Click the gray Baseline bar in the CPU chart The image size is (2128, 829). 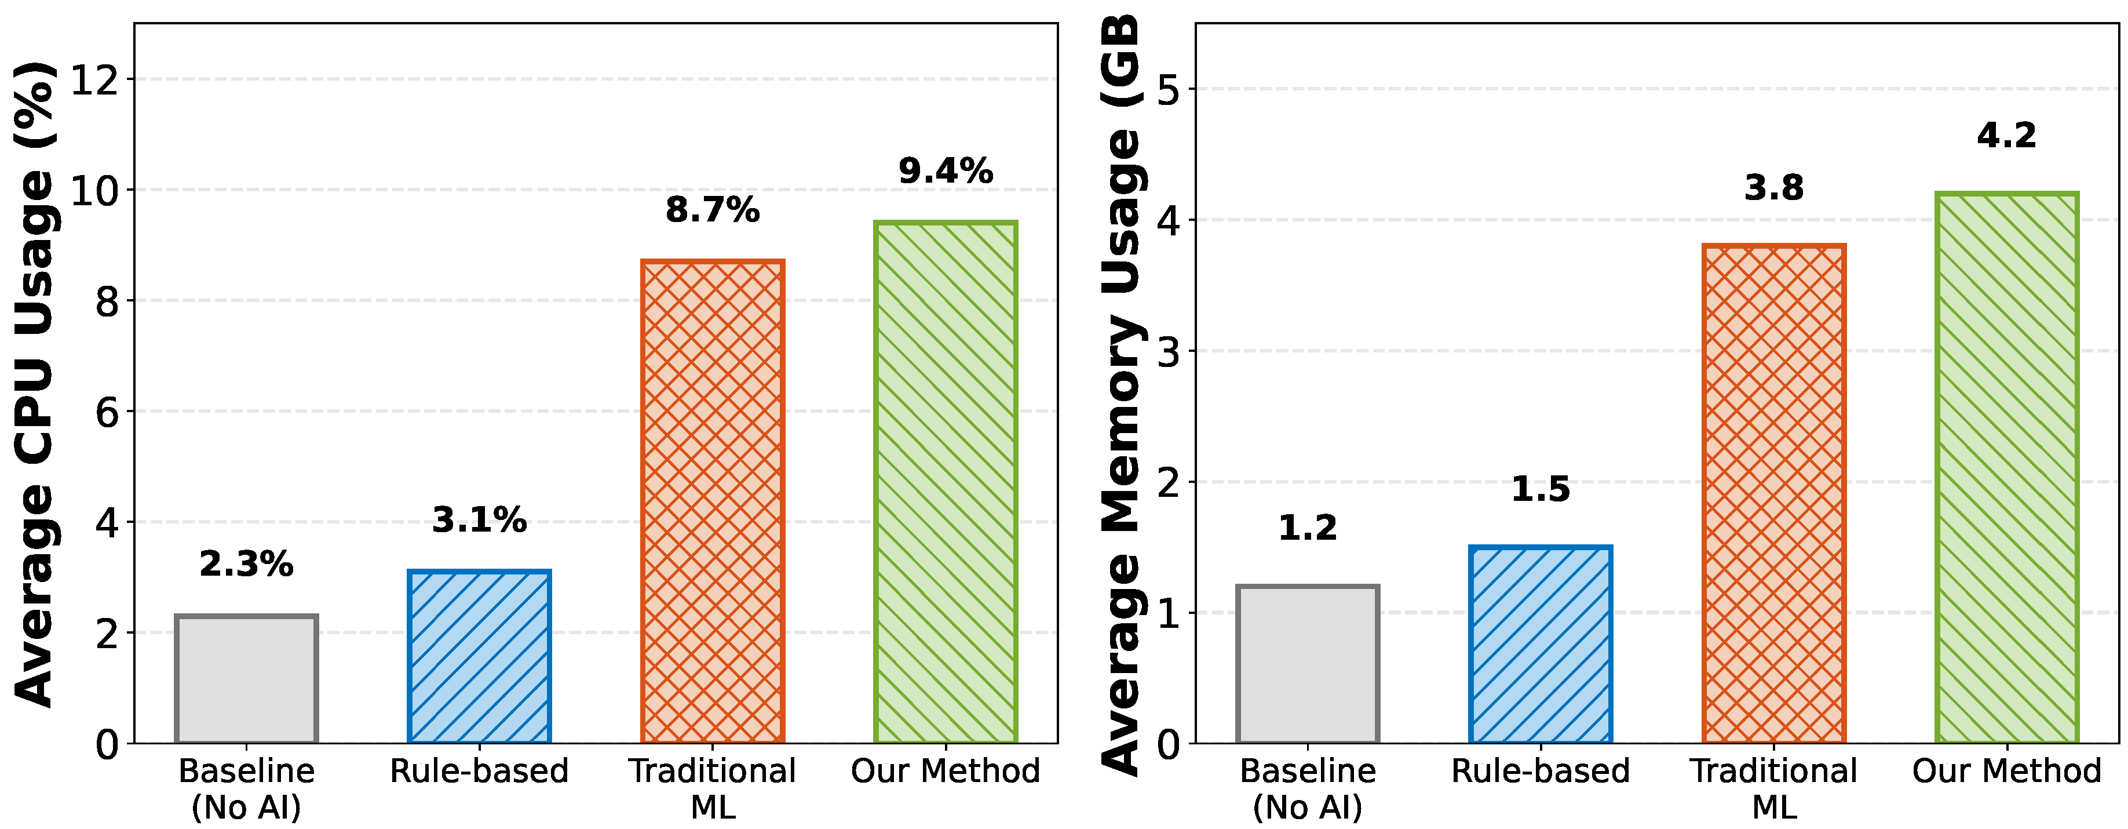(x=246, y=679)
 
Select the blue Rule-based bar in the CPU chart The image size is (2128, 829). (x=479, y=657)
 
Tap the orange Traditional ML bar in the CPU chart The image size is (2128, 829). (x=712, y=501)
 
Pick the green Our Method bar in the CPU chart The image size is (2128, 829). (x=945, y=483)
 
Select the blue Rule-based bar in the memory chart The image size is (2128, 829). (x=1541, y=645)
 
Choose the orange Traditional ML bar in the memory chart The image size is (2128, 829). (x=1773, y=495)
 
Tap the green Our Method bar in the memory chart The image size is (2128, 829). (x=2006, y=468)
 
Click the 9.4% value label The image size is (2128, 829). (x=945, y=171)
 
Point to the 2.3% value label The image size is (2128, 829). (x=246, y=565)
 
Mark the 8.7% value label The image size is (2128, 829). (x=712, y=210)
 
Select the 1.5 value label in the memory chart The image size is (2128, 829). (x=1541, y=489)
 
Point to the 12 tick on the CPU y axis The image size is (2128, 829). (x=94, y=80)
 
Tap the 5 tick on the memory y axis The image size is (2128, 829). (x=1168, y=90)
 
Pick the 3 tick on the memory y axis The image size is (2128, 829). (x=1168, y=352)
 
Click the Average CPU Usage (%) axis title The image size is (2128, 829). (x=35, y=384)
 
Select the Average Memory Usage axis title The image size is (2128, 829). (x=1122, y=397)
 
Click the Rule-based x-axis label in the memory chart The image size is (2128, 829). (x=1541, y=771)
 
